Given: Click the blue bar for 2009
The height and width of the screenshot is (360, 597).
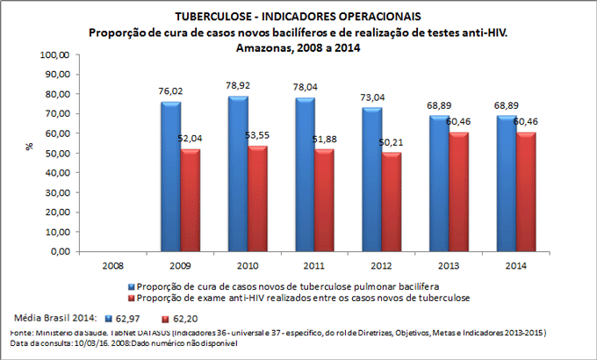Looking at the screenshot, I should (172, 176).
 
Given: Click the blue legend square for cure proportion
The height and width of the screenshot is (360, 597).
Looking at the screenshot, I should (132, 287).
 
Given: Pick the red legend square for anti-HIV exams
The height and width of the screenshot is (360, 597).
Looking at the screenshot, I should (132, 299).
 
